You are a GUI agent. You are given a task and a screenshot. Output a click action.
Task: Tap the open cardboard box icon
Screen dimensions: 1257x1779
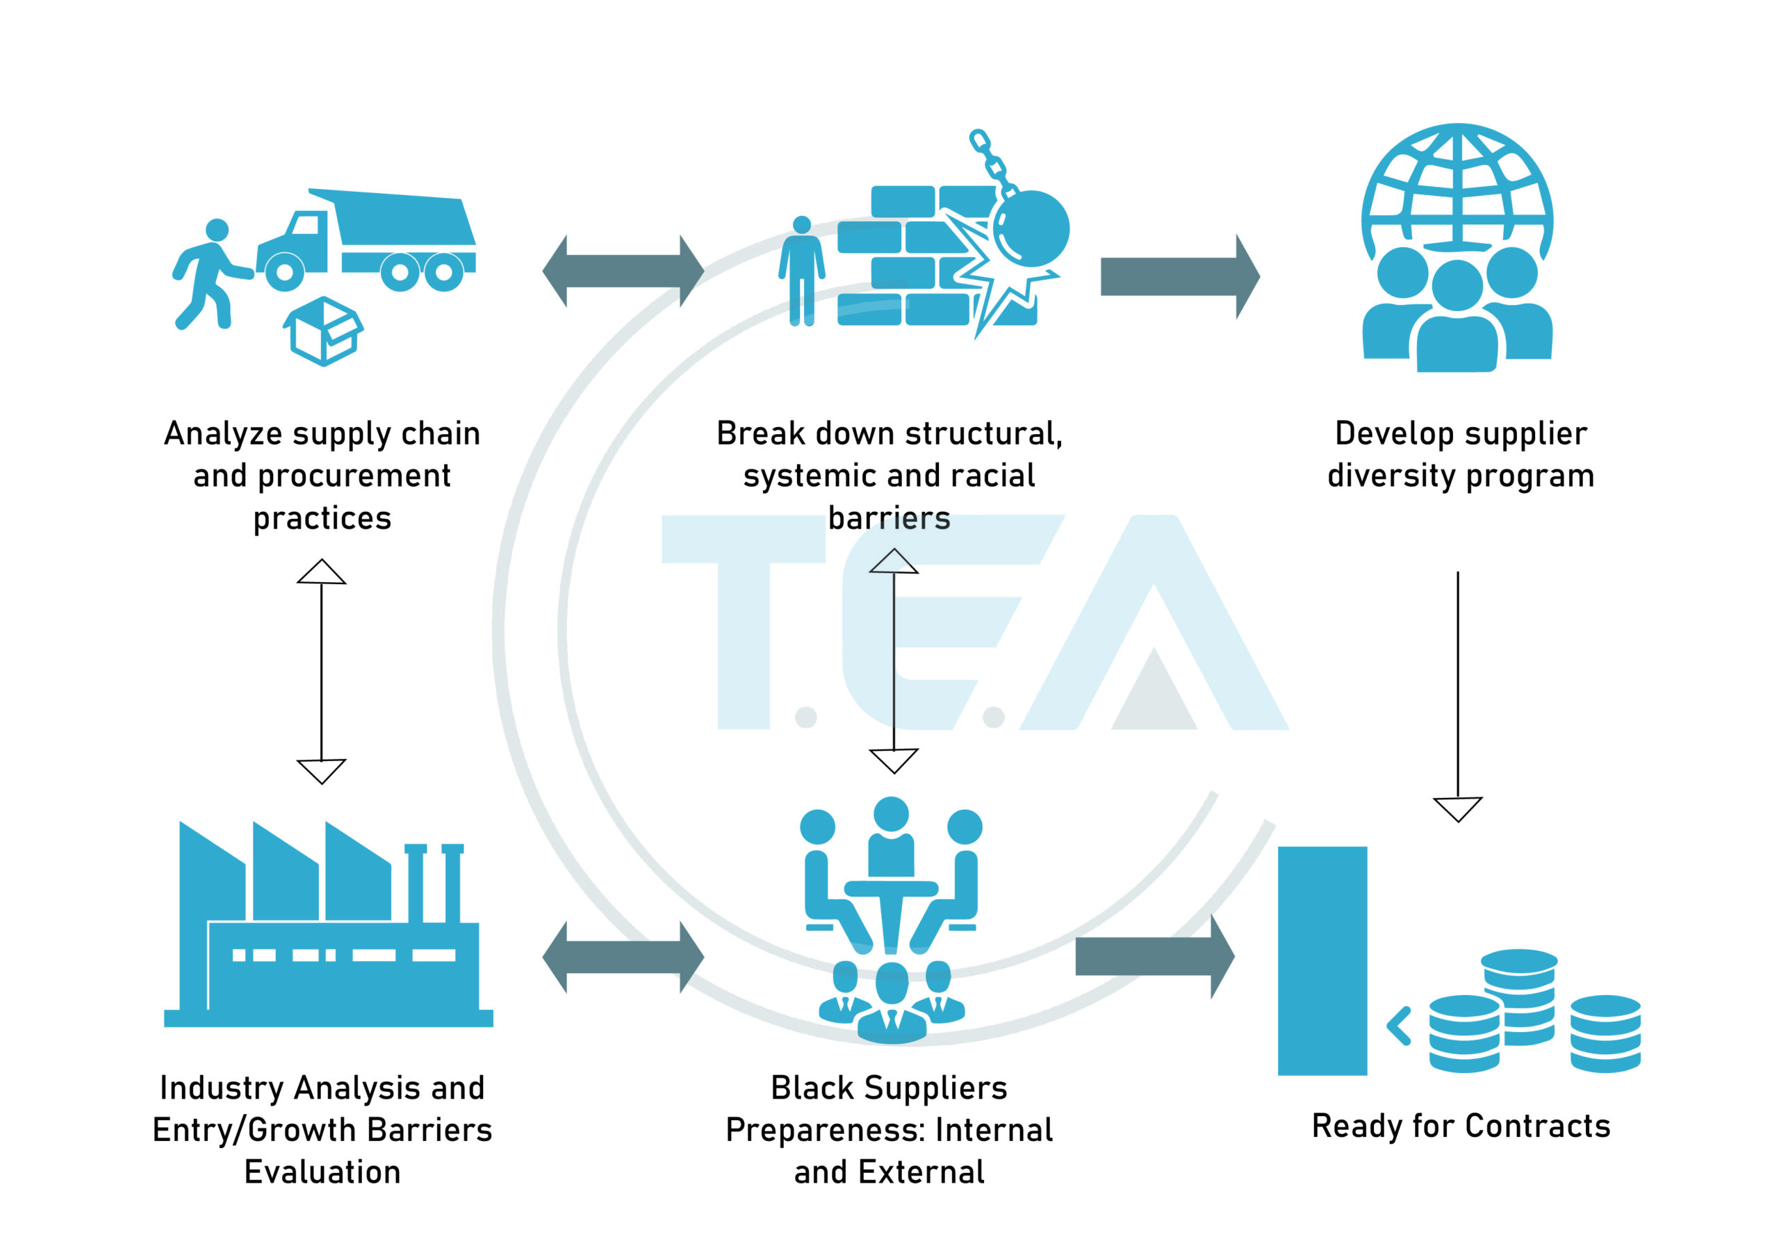pos(323,331)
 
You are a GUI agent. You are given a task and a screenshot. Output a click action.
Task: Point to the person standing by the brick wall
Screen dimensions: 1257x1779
pos(802,271)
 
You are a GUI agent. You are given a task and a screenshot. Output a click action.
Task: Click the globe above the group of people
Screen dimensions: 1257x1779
pos(1457,186)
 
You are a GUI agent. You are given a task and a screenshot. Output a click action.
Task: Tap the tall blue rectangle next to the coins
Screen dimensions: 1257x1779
pos(1322,960)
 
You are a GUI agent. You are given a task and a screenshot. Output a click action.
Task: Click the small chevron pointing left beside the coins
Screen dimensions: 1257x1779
pos(1399,1026)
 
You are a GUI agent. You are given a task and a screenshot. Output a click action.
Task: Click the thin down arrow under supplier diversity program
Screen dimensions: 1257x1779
pos(1457,697)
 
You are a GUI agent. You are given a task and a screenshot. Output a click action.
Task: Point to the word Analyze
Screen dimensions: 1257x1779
pos(223,434)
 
